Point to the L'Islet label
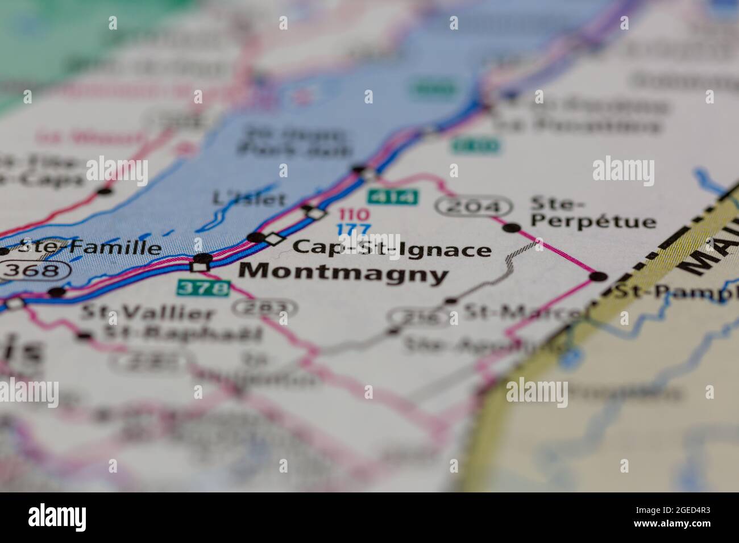coord(248,198)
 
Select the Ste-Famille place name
coord(89,247)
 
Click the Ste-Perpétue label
coord(593,212)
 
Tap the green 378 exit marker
coord(203,288)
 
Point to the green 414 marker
coord(393,197)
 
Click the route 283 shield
coord(264,308)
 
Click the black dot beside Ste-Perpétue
coord(512,228)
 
